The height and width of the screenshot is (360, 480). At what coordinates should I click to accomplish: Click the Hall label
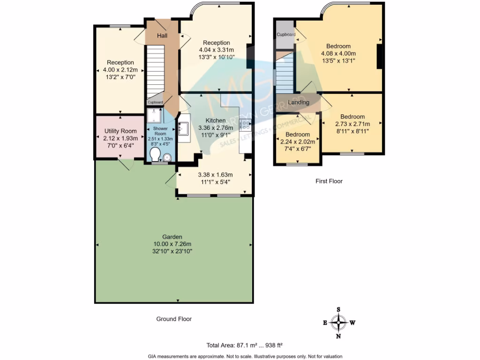162,36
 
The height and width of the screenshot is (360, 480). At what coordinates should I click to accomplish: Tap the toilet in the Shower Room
155,156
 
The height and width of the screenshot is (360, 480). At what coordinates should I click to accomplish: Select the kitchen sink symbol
183,128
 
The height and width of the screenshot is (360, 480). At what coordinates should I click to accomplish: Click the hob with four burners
245,124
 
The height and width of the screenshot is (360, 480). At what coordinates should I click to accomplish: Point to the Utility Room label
120,131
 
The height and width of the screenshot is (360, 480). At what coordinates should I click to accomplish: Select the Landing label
299,102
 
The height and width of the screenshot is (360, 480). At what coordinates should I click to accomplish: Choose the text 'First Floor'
329,181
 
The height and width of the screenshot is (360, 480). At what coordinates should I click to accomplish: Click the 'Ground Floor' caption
174,319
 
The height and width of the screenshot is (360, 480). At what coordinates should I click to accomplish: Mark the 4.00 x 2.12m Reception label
120,70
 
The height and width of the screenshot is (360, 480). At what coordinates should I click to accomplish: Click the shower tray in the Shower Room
154,116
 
